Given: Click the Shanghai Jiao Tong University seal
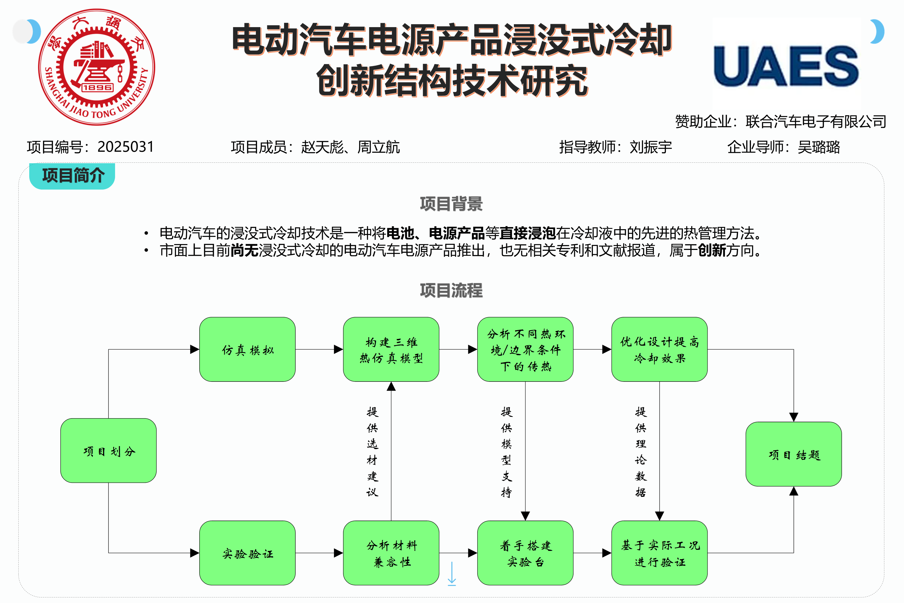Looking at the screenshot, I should coord(96,67).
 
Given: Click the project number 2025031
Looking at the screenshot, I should coord(126,147).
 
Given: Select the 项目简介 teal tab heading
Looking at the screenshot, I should coord(73,176).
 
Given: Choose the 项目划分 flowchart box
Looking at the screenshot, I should coord(108,450).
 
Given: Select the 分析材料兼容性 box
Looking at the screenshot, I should coord(391,553).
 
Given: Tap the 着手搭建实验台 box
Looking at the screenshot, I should coord(525,553).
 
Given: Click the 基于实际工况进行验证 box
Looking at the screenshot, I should coord(659,553).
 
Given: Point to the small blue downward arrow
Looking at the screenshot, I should coord(452,573).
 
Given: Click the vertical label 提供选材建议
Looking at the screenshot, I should coord(372,452).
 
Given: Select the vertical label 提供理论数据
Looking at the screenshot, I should coord(640,452).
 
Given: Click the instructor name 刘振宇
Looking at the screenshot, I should coord(651,147).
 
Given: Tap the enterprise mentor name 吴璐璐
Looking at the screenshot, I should coord(819,147).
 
